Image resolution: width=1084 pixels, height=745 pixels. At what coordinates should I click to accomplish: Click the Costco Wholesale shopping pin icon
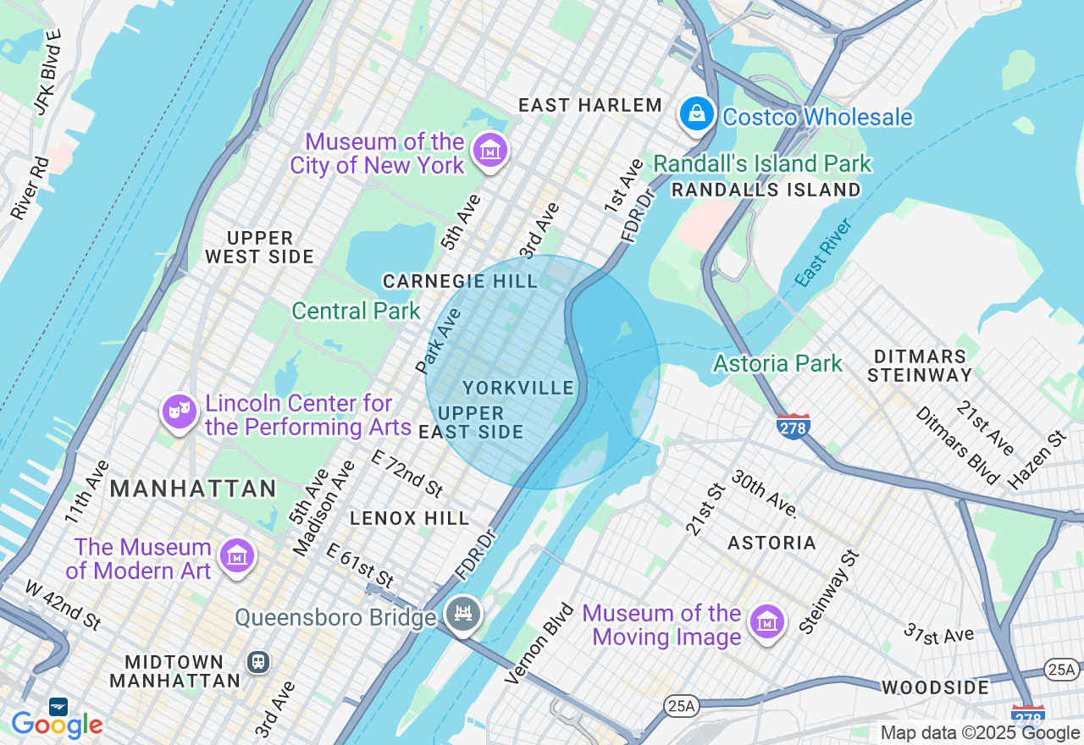pyautogui.click(x=696, y=113)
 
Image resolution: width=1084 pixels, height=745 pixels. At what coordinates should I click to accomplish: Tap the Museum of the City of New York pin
pyautogui.click(x=489, y=151)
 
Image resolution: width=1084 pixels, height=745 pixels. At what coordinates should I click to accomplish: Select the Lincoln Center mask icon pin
pyautogui.click(x=180, y=412)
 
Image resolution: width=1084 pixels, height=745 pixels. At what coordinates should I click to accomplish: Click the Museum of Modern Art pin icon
pyautogui.click(x=236, y=556)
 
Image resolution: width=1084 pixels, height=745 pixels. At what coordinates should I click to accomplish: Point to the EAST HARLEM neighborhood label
pyautogui.click(x=590, y=105)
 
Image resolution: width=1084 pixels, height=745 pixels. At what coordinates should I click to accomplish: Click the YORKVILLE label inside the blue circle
pyautogui.click(x=518, y=388)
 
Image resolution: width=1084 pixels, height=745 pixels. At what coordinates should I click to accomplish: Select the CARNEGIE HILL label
pyautogui.click(x=460, y=281)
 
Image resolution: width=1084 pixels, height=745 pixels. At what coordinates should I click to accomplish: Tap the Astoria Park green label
pyautogui.click(x=777, y=364)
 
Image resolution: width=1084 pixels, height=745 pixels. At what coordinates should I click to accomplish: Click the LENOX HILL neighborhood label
pyautogui.click(x=409, y=517)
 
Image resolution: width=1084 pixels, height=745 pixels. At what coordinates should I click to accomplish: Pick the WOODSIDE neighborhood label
pyautogui.click(x=935, y=687)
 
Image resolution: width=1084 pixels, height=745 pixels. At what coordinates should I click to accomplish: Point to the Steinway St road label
pyautogui.click(x=829, y=592)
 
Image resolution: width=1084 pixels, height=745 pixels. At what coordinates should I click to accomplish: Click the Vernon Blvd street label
pyautogui.click(x=539, y=643)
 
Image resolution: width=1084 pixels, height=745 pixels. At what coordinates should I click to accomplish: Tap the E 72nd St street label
pyautogui.click(x=407, y=472)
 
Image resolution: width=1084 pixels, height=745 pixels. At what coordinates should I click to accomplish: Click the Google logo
pyautogui.click(x=57, y=724)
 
